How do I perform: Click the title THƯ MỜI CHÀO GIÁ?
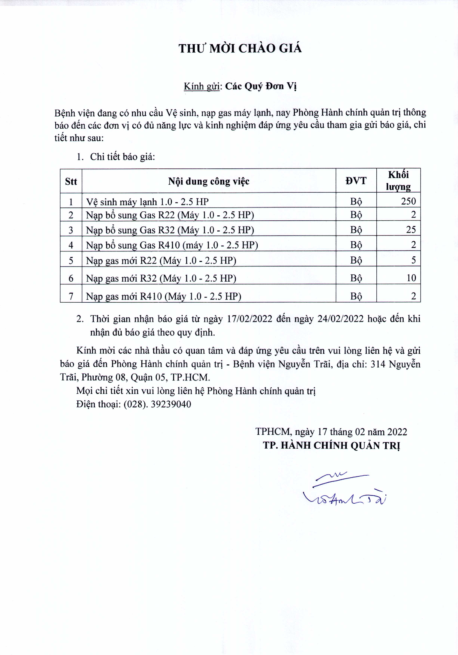240,49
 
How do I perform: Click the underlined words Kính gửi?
201,86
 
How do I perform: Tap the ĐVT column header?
356,181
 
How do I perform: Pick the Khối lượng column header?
398,181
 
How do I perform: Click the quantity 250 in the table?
408,201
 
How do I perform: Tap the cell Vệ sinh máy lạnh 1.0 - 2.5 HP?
147,202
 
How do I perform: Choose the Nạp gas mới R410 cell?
164,296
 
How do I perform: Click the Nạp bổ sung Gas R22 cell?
170,215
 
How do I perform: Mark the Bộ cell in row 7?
356,296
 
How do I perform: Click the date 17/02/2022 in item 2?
250,319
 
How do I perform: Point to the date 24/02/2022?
340,319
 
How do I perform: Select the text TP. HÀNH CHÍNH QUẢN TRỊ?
332,445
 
